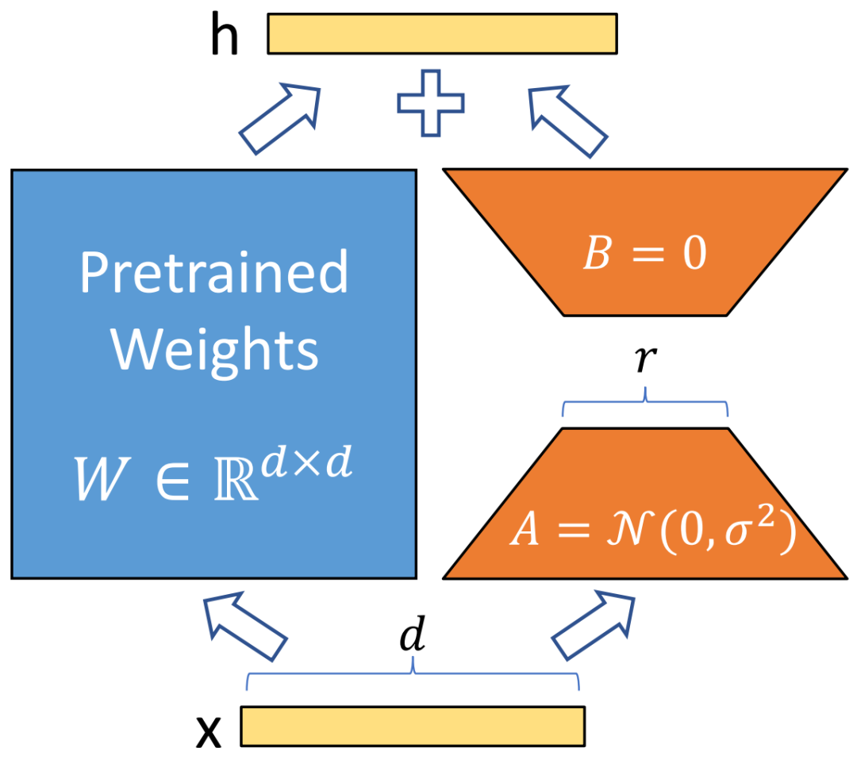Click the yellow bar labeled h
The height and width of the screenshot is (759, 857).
[442, 33]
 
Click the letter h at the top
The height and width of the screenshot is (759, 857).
[225, 36]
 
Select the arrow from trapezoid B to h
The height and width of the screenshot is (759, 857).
[569, 119]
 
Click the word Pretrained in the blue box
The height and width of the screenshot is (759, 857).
[214, 272]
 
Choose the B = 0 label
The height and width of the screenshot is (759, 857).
[644, 256]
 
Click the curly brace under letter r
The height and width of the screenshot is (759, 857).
[645, 403]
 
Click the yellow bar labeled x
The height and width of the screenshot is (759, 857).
[412, 726]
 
